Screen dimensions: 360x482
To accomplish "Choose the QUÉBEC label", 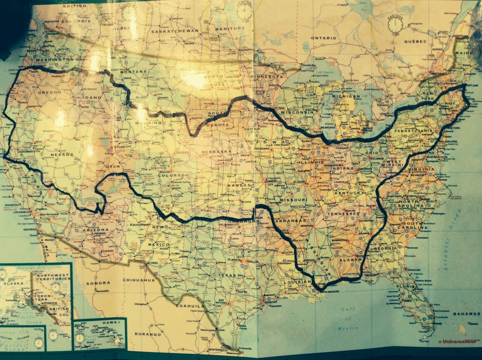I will (x=414, y=41).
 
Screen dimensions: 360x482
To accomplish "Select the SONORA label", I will (x=98, y=283).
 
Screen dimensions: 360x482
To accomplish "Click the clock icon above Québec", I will (x=395, y=24).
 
